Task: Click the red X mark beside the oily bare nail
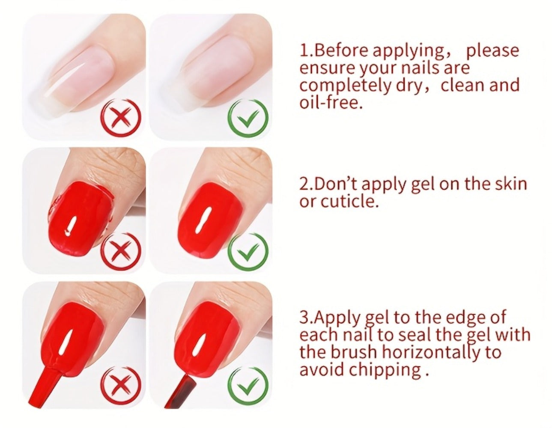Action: (120, 119)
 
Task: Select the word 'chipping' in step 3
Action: (384, 372)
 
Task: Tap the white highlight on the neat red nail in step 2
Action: (203, 220)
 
